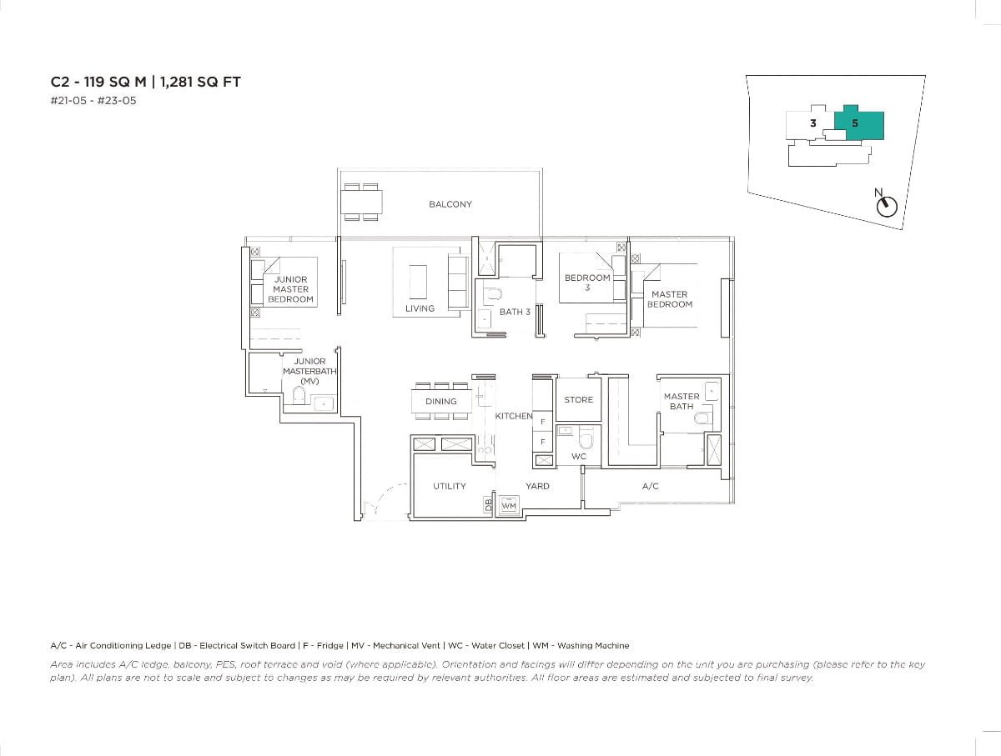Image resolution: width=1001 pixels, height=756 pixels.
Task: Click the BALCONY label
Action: coord(450,204)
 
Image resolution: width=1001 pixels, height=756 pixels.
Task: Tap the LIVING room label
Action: coord(420,308)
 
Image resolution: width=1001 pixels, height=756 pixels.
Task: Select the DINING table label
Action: coord(440,402)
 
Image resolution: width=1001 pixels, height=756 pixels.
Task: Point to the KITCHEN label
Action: coord(513,416)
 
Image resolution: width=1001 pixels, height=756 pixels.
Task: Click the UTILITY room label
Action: coord(449,486)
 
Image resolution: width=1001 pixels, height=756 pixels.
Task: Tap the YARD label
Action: coord(537,486)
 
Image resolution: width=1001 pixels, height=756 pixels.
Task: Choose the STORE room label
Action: coord(578,400)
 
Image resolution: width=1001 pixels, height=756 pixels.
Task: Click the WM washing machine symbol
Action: coord(509,506)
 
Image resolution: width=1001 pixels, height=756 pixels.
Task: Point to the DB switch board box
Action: coord(488,505)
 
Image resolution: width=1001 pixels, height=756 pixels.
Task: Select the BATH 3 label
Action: coord(515,312)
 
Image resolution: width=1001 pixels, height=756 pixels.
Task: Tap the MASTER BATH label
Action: coord(682,402)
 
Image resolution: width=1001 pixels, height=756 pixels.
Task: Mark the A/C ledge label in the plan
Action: coord(651,486)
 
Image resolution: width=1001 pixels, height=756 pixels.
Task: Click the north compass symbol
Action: coord(888,205)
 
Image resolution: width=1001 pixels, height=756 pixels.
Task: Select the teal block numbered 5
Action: coord(858,123)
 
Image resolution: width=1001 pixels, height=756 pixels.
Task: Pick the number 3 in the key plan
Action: coord(812,123)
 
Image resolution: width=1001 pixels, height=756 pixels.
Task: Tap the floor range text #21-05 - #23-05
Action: coord(93,101)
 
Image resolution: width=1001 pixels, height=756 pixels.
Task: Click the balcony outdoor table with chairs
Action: coord(361,203)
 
